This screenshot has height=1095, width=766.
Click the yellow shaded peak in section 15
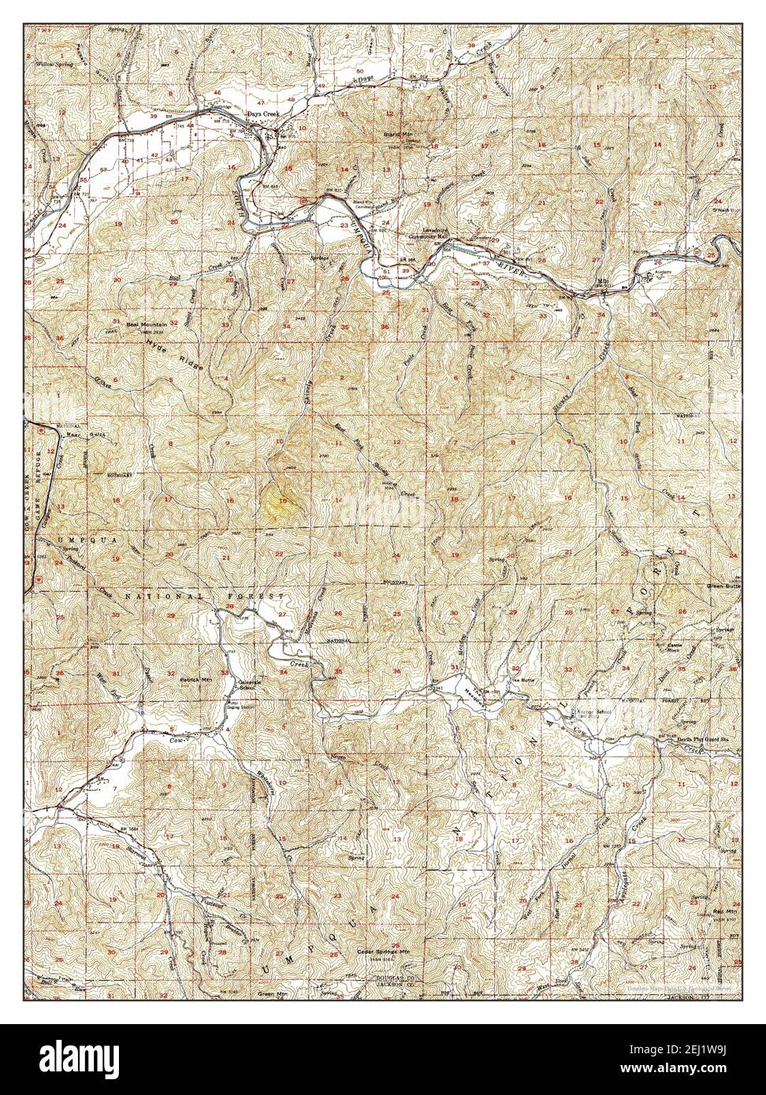point(281,501)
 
